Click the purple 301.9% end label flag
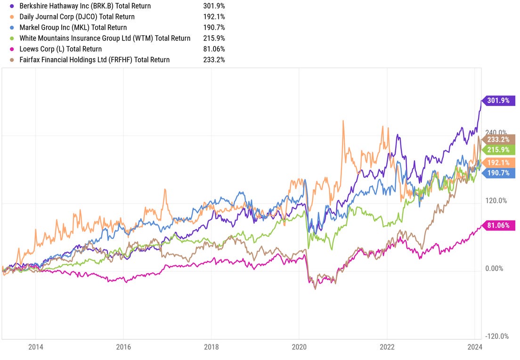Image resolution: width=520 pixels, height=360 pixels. pyautogui.click(x=497, y=100)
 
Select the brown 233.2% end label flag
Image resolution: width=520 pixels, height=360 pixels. pyautogui.click(x=497, y=139)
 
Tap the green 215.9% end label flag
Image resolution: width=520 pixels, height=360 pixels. pyautogui.click(x=497, y=150)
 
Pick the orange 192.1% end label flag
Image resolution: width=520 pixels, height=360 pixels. pyautogui.click(x=497, y=163)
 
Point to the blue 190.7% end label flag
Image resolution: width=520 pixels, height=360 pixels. pyautogui.click(x=497, y=173)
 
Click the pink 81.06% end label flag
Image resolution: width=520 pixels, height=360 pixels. pyautogui.click(x=497, y=226)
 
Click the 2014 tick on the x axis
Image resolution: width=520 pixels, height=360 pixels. pyautogui.click(x=35, y=348)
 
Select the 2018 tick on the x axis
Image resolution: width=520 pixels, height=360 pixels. pyautogui.click(x=211, y=348)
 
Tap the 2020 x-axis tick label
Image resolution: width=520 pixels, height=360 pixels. pyautogui.click(x=299, y=348)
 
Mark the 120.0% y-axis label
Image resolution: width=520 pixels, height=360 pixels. pyautogui.click(x=496, y=201)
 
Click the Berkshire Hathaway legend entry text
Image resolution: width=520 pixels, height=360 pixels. pyautogui.click(x=85, y=6)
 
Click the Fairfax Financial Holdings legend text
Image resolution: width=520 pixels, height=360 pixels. pyautogui.click(x=95, y=60)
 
